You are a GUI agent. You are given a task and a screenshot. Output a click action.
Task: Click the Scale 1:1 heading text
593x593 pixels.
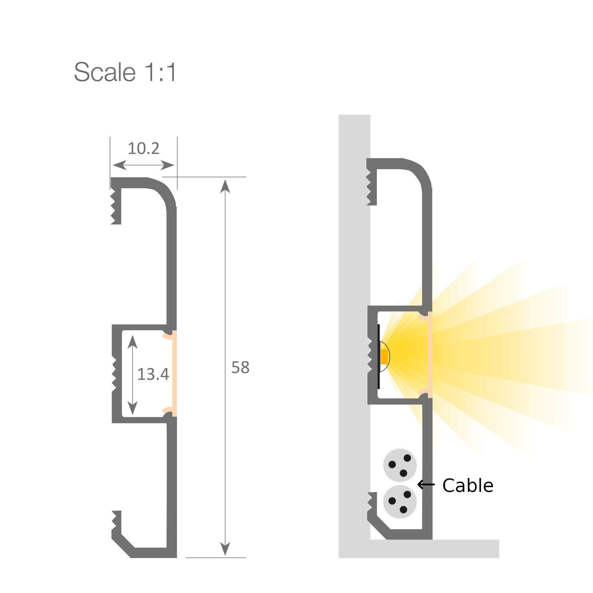125,72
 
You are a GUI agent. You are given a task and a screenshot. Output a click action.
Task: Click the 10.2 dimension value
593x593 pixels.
143,149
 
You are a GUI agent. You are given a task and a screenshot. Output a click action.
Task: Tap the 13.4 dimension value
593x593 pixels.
153,374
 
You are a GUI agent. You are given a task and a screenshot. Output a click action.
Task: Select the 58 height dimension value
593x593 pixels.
240,367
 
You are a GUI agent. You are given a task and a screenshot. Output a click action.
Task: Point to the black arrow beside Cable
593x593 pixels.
426,485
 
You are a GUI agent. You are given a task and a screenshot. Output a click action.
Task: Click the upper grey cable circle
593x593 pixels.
400,465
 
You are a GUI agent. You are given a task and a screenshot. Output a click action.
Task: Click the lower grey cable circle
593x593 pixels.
400,502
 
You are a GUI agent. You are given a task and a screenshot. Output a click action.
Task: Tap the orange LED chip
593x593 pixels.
384,357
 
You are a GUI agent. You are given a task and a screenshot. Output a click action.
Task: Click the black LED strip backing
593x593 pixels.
379,356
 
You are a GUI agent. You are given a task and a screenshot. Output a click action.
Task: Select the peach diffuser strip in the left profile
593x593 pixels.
174,373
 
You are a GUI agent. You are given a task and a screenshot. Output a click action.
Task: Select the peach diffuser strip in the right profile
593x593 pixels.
430,355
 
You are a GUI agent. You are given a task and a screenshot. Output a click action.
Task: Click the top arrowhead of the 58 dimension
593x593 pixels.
225,186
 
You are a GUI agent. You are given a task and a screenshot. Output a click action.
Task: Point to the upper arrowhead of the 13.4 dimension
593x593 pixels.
132,342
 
